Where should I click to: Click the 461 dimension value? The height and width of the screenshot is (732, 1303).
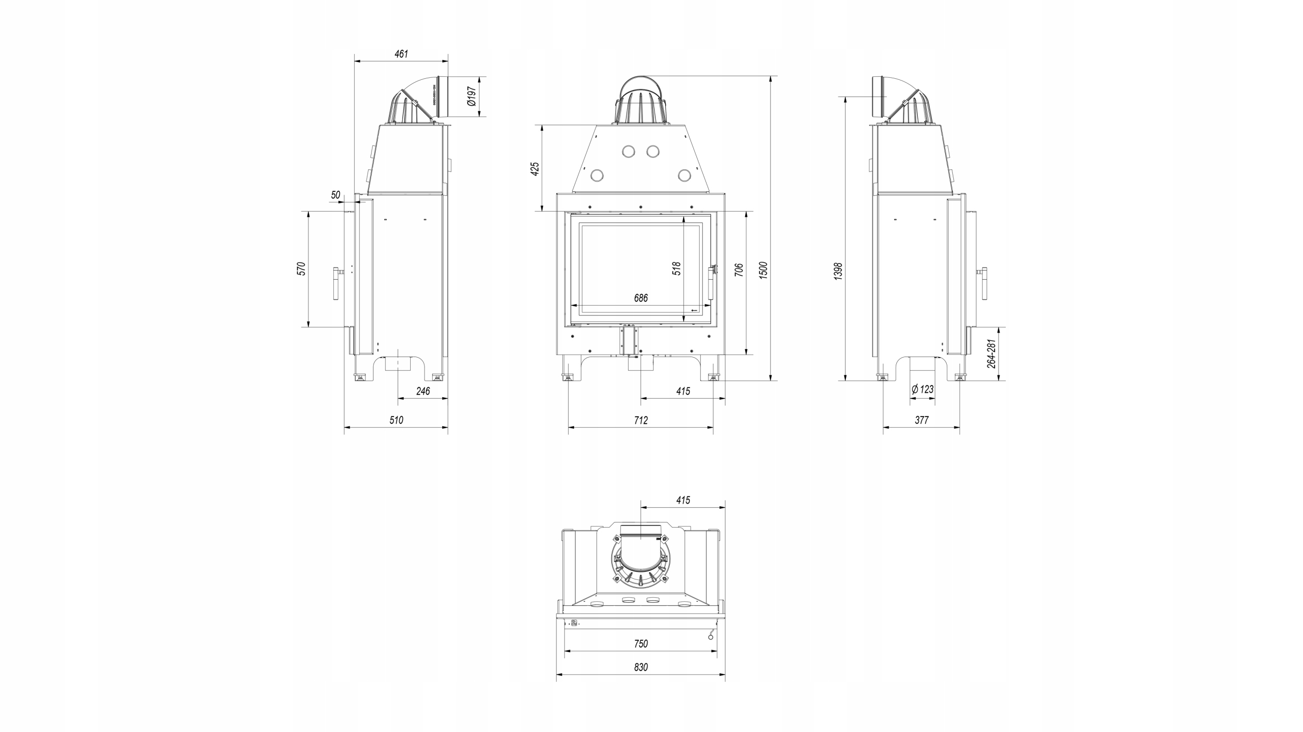tap(401, 54)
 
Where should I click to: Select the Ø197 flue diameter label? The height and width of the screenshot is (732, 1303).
tap(472, 96)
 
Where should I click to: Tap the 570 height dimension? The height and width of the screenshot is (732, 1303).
tap(301, 269)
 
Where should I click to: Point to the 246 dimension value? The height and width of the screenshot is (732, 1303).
tap(423, 391)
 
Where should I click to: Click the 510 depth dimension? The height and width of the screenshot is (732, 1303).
tap(396, 420)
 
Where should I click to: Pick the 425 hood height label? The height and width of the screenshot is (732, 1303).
tap(535, 169)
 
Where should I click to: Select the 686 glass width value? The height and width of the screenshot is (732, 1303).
tap(641, 298)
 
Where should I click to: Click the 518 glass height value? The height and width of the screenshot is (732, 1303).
tap(676, 269)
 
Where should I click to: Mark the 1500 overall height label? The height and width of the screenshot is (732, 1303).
tap(763, 270)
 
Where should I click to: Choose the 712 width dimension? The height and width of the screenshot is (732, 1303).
tap(641, 420)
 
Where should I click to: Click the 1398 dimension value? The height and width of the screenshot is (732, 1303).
tap(839, 271)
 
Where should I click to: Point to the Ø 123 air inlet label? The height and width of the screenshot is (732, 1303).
tap(922, 390)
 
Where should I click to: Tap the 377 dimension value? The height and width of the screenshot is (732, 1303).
tap(922, 420)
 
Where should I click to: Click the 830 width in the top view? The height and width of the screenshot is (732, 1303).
tap(641, 667)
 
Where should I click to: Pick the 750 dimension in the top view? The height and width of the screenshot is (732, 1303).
tap(641, 643)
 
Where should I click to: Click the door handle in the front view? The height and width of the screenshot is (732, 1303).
tap(712, 283)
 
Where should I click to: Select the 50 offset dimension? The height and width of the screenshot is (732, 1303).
tap(335, 195)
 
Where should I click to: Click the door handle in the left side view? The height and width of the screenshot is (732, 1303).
tap(337, 283)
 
